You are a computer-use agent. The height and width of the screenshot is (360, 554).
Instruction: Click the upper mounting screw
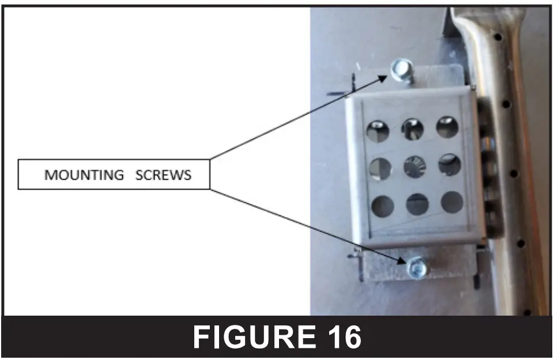[399, 70]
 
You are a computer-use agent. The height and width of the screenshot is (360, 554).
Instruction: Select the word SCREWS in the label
[163, 175]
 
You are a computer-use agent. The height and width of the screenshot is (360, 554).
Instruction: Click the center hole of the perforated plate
[414, 167]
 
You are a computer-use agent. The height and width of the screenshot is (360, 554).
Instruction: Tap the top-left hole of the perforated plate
[378, 131]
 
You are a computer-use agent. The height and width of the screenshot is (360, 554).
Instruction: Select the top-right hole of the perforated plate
[447, 127]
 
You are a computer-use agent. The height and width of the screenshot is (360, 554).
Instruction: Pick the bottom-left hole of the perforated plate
[382, 206]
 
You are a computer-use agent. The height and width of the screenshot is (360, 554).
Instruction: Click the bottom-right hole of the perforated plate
[452, 202]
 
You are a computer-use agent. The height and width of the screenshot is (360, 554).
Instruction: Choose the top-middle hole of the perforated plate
[413, 129]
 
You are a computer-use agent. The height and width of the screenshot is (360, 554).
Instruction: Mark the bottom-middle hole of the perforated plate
[417, 204]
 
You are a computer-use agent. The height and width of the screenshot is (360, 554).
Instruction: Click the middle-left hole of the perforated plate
[380, 169]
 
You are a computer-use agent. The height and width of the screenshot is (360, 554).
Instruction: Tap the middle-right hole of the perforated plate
[450, 165]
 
